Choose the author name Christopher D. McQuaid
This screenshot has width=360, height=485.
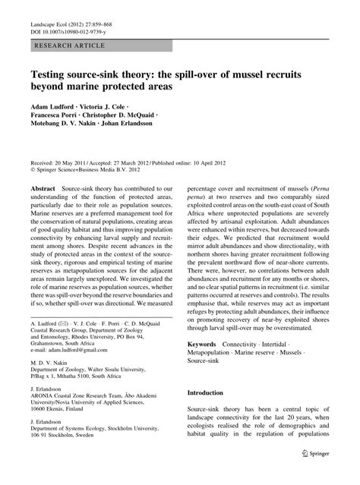click(x=133, y=119)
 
